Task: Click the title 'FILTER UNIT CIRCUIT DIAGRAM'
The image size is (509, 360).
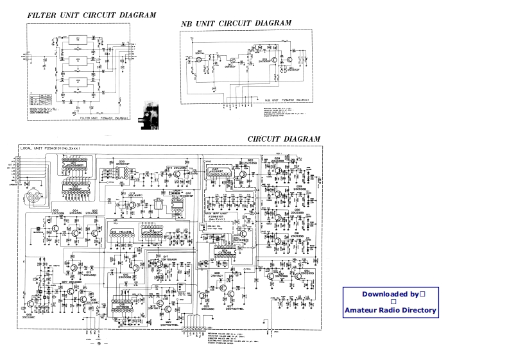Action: point(91,15)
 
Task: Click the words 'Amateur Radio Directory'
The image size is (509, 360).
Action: point(390,311)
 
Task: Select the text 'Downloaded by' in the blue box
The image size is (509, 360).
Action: point(390,294)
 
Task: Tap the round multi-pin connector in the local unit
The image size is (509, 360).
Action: point(33,198)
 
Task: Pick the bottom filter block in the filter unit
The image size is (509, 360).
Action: point(78,82)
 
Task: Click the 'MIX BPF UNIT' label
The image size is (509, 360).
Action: point(217,213)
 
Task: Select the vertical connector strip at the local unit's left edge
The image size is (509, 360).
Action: point(19,168)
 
